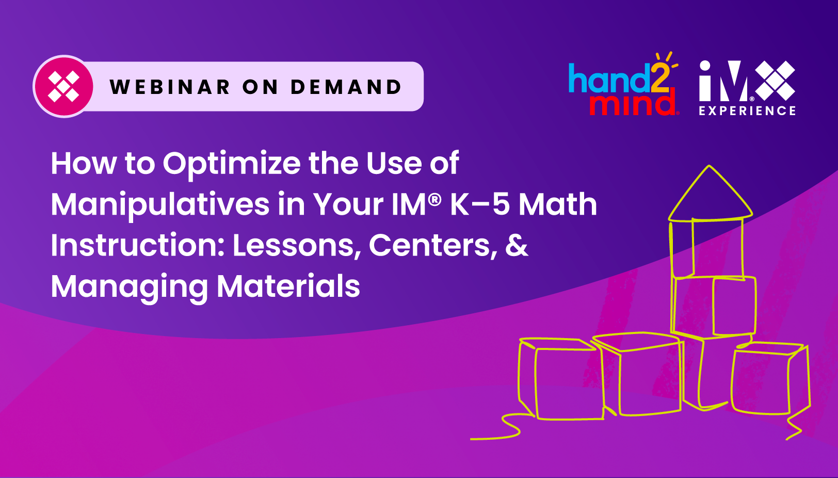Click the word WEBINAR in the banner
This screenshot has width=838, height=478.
click(170, 87)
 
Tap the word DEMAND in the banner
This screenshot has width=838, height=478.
click(346, 87)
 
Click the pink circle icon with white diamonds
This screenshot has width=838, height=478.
click(63, 86)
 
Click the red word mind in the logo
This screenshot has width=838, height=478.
click(633, 103)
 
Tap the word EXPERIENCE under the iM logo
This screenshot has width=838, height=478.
click(747, 110)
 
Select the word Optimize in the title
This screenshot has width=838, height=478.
click(232, 164)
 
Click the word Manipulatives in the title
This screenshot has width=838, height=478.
click(160, 204)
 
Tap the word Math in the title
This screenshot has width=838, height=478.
click(558, 204)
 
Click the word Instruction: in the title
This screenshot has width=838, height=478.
click(138, 245)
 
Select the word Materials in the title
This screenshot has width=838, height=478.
click(288, 286)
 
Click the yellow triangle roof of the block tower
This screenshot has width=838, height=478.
click(710, 196)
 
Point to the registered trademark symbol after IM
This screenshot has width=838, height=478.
click(435, 198)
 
